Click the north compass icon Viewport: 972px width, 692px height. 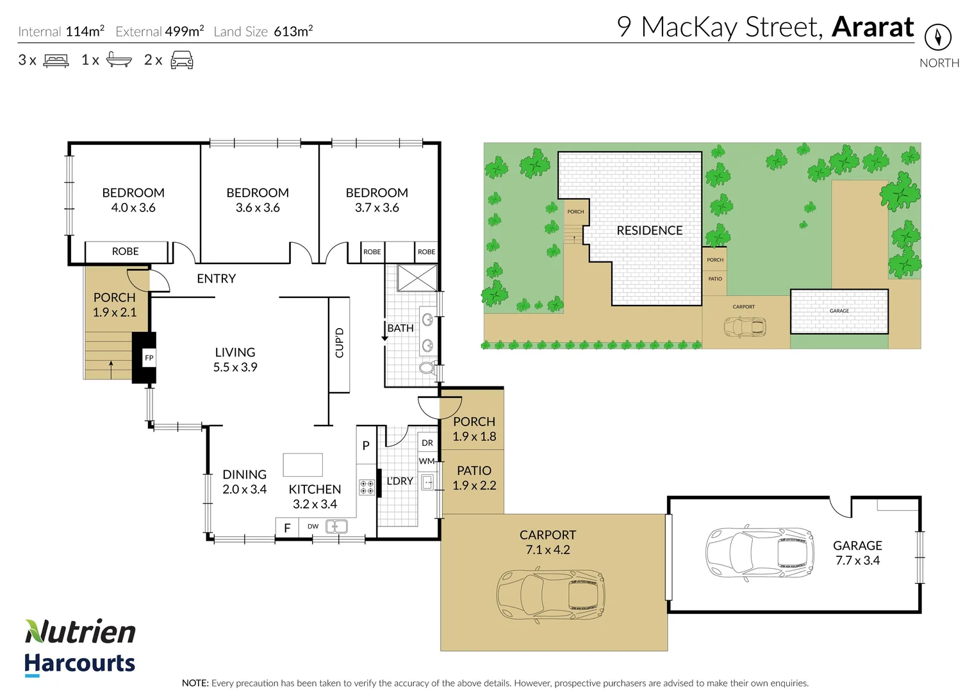coord(938,37)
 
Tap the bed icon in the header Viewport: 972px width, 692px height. coord(56,61)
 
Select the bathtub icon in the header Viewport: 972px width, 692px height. coord(119,60)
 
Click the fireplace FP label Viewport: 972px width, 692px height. coord(149,358)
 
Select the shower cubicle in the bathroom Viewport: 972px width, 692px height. coord(416,278)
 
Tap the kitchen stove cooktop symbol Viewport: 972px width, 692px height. coord(367,488)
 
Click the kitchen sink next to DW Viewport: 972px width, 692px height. coord(336,527)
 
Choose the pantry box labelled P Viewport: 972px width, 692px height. coord(366,445)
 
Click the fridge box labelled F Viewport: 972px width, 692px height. coord(287,528)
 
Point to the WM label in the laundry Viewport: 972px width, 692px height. coord(427,461)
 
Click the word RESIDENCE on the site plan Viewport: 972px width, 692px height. coord(649,231)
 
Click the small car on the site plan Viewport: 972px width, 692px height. coord(744,327)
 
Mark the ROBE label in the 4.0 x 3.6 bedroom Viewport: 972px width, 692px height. coord(125,251)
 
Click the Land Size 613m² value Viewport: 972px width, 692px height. coord(293,31)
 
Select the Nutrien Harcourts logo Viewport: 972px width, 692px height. coord(80,647)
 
